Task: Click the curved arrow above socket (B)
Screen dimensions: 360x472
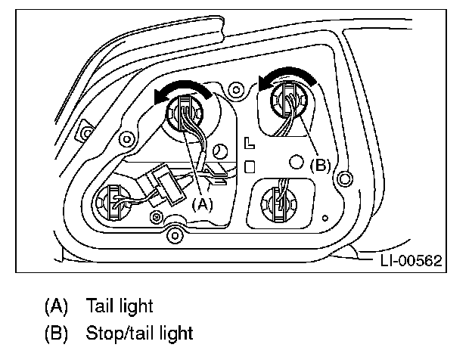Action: (284, 74)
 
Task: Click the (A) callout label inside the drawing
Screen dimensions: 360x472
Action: (203, 203)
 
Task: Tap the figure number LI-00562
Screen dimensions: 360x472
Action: (410, 261)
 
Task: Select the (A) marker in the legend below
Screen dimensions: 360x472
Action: (56, 306)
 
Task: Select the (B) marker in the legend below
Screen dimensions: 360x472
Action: (56, 332)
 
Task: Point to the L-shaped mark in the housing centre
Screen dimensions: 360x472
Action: (250, 141)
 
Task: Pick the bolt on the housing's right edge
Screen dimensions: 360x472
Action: (346, 178)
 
